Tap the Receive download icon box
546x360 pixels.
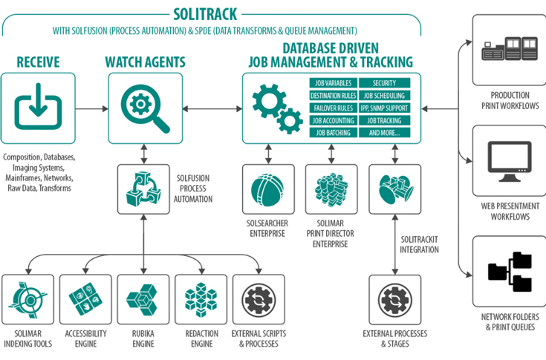pyautogui.click(x=39, y=108)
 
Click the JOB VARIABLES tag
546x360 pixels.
pyautogui.click(x=333, y=83)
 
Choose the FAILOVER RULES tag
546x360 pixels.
pyautogui.click(x=333, y=108)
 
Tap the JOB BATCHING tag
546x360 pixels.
pyautogui.click(x=333, y=132)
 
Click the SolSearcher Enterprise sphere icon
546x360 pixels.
pyautogui.click(x=267, y=189)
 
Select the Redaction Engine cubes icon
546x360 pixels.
pyautogui.click(x=199, y=298)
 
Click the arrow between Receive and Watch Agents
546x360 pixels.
pyautogui.click(x=92, y=108)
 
